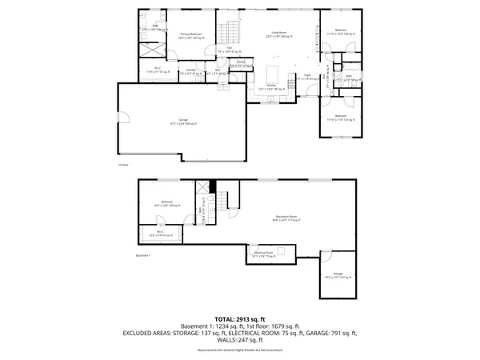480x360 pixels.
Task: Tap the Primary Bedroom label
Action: (190, 36)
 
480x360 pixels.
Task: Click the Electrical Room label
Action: (265, 255)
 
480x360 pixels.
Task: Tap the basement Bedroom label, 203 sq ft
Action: (166, 203)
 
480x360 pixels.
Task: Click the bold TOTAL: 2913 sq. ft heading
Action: (240, 319)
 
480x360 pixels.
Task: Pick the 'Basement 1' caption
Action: (143, 254)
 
